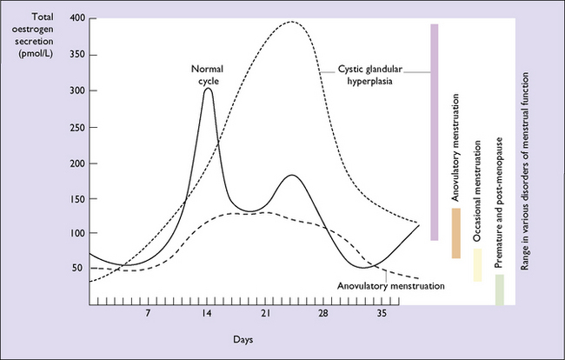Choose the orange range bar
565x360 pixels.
455,233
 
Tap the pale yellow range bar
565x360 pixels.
477,265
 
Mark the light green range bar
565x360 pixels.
499,290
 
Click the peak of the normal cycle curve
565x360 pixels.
208,89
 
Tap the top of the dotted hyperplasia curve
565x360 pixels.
291,22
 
